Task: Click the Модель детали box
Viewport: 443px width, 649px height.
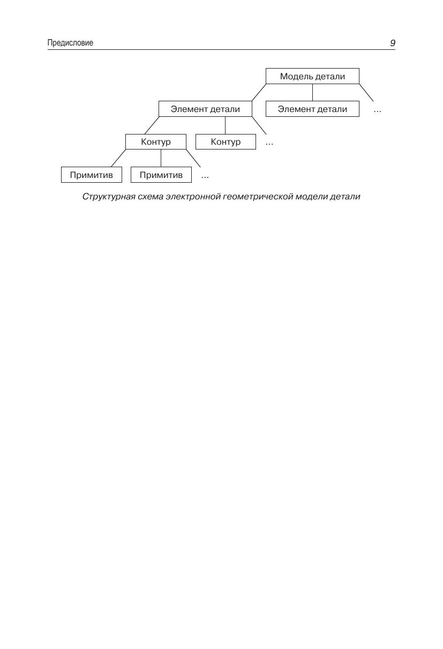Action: pyautogui.click(x=312, y=76)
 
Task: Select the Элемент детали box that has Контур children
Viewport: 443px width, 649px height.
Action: pyautogui.click(x=205, y=109)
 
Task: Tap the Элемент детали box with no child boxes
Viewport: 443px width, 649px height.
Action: pyautogui.click(x=312, y=109)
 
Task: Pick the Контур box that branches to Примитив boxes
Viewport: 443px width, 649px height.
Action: pyautogui.click(x=156, y=142)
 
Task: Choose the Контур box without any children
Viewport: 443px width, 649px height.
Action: pyautogui.click(x=226, y=142)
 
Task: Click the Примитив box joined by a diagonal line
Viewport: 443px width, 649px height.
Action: pyautogui.click(x=92, y=175)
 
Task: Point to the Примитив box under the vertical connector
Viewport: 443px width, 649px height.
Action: pyautogui.click(x=161, y=175)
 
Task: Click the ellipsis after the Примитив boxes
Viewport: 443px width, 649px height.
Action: pyautogui.click(x=205, y=176)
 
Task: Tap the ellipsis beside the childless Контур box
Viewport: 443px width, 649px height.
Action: pyautogui.click(x=269, y=143)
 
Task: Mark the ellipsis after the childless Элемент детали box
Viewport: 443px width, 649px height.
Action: pyautogui.click(x=377, y=110)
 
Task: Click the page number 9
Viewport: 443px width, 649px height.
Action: pyautogui.click(x=393, y=43)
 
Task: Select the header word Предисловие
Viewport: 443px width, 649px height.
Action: pyautogui.click(x=70, y=43)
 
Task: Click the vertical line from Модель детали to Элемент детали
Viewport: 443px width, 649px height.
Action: pyautogui.click(x=313, y=93)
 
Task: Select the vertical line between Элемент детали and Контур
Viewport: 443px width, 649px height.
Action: pyautogui.click(x=225, y=125)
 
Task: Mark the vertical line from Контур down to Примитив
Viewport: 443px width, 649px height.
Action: pyautogui.click(x=161, y=158)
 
